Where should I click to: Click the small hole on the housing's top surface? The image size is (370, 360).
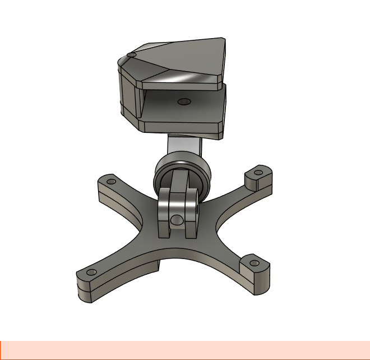coord(131,55)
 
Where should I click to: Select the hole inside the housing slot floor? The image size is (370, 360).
coord(183,102)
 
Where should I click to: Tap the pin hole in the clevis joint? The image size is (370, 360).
coord(177,219)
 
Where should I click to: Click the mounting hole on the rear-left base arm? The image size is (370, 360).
coord(111,182)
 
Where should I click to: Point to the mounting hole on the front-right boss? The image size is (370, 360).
coord(254,262)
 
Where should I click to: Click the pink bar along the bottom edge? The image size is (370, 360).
coord(185,350)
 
